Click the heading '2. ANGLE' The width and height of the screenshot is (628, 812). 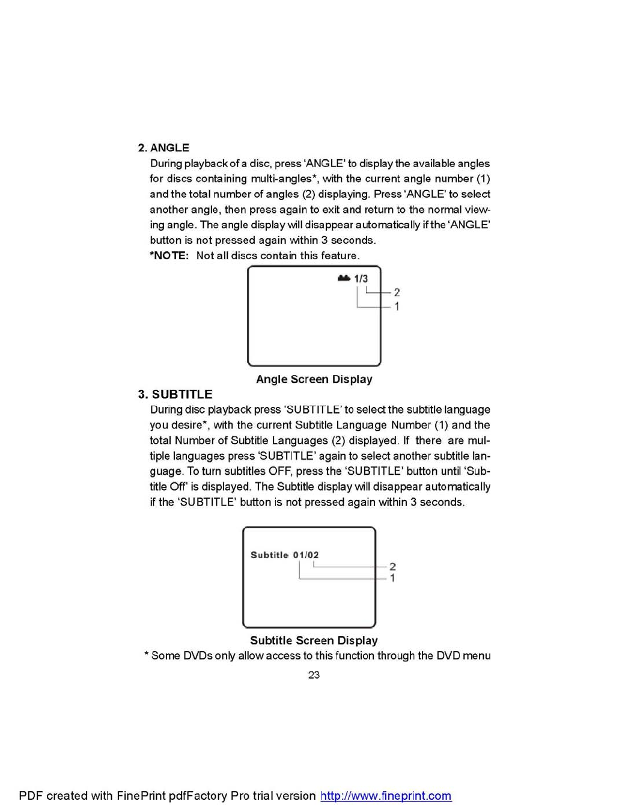[163, 148]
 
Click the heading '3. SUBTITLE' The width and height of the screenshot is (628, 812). [175, 394]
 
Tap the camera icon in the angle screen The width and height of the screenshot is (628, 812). [344, 278]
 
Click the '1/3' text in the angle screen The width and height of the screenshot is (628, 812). [361, 278]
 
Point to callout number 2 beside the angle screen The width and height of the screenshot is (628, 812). [397, 293]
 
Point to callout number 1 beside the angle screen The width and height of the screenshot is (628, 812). [397, 307]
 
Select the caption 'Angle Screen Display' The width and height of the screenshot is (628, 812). [314, 379]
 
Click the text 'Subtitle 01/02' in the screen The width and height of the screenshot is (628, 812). [284, 555]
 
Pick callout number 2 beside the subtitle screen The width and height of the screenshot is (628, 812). [392, 567]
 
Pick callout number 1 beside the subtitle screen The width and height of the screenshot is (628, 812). [392, 578]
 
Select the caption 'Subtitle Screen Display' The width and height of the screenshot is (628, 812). [314, 641]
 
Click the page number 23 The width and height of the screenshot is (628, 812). [314, 675]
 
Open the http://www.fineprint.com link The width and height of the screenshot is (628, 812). [386, 796]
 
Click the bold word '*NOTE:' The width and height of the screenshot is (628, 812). [169, 255]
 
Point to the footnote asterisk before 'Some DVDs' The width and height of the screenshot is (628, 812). [146, 655]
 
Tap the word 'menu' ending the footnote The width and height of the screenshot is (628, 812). [477, 656]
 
